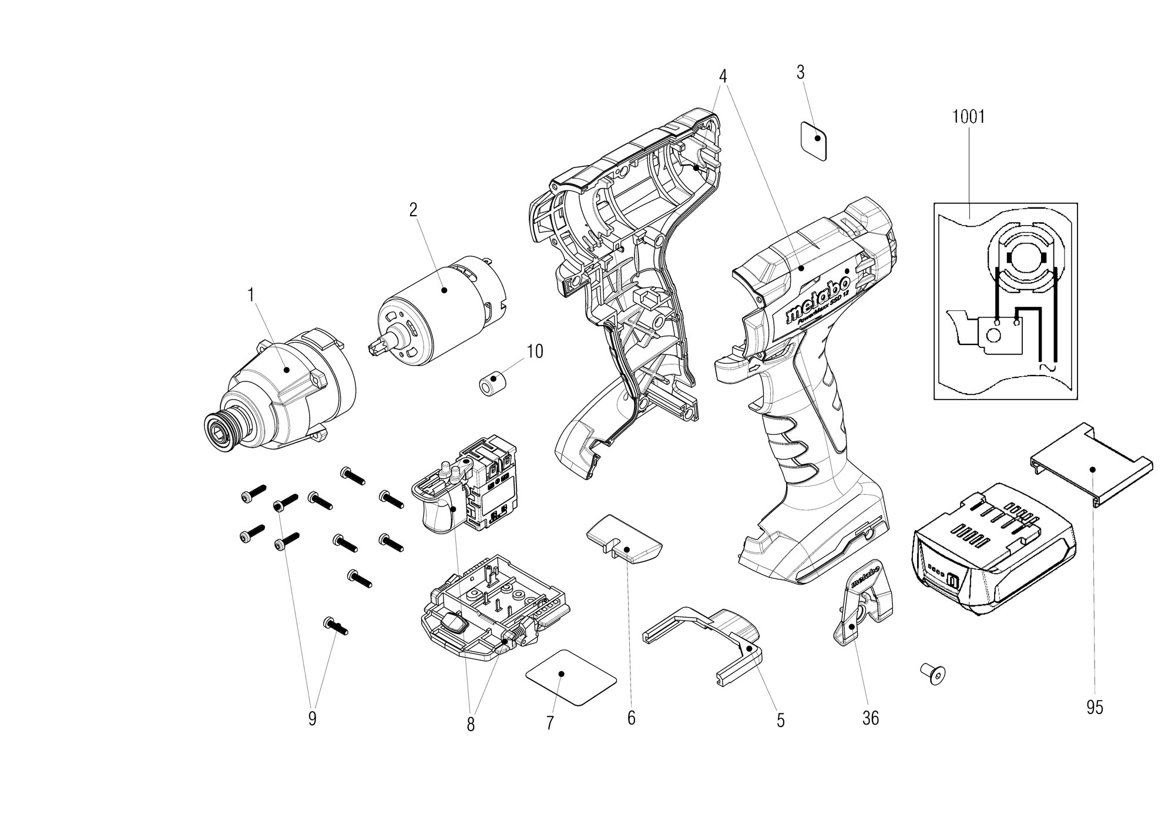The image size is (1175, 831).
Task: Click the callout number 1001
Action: click(x=968, y=117)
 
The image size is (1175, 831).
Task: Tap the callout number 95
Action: click(x=1095, y=708)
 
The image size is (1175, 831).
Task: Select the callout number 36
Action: click(x=870, y=718)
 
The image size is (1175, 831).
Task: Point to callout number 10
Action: click(x=535, y=352)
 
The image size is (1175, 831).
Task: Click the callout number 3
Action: click(x=800, y=73)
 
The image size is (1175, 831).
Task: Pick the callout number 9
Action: click(x=312, y=718)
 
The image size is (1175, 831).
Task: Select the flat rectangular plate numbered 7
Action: click(x=570, y=677)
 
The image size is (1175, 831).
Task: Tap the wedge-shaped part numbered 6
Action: click(x=624, y=540)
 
